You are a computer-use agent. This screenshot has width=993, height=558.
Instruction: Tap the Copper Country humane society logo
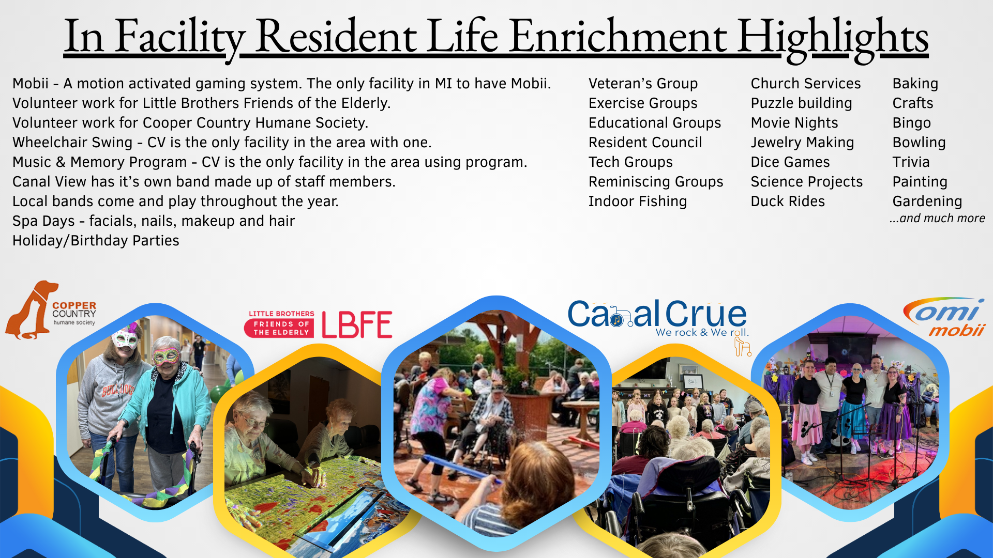[x=51, y=310]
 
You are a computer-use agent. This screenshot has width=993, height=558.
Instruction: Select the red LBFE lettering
[x=357, y=324]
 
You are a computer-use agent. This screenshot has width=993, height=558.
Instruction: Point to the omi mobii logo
[x=944, y=317]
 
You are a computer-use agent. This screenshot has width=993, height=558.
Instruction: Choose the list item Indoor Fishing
[x=638, y=202]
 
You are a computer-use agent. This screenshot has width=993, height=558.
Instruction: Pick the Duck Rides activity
[x=788, y=202]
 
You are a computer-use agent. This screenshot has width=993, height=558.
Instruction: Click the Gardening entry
[x=927, y=202]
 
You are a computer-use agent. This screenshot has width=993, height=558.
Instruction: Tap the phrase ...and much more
[x=937, y=219]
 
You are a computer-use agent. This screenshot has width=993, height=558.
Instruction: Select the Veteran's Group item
[x=643, y=84]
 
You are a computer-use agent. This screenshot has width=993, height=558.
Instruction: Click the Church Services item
[x=806, y=84]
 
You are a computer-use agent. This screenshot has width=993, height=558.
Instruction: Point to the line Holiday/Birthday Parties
[x=96, y=241]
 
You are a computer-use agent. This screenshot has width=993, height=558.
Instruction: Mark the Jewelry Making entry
[x=802, y=143]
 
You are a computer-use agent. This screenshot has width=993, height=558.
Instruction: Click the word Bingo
[x=912, y=123]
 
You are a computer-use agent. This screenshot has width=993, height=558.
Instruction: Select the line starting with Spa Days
[x=154, y=221]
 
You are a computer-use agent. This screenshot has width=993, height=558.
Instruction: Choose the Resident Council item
[x=645, y=143]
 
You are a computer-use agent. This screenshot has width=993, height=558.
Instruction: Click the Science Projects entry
[x=807, y=182]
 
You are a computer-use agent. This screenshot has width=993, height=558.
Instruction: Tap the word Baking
[x=915, y=84]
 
